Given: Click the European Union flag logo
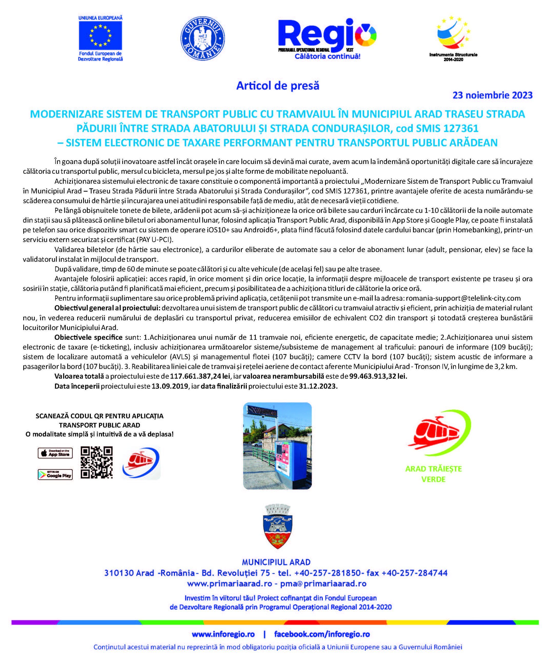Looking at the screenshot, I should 100,36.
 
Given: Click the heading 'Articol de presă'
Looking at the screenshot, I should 278,86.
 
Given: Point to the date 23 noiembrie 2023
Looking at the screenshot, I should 492,95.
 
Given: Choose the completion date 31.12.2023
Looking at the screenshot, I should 318,386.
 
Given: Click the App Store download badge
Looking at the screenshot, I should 55,453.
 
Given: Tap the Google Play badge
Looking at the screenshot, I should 55,475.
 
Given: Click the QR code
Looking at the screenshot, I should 97,462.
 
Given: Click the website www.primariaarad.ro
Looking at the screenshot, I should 229,584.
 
